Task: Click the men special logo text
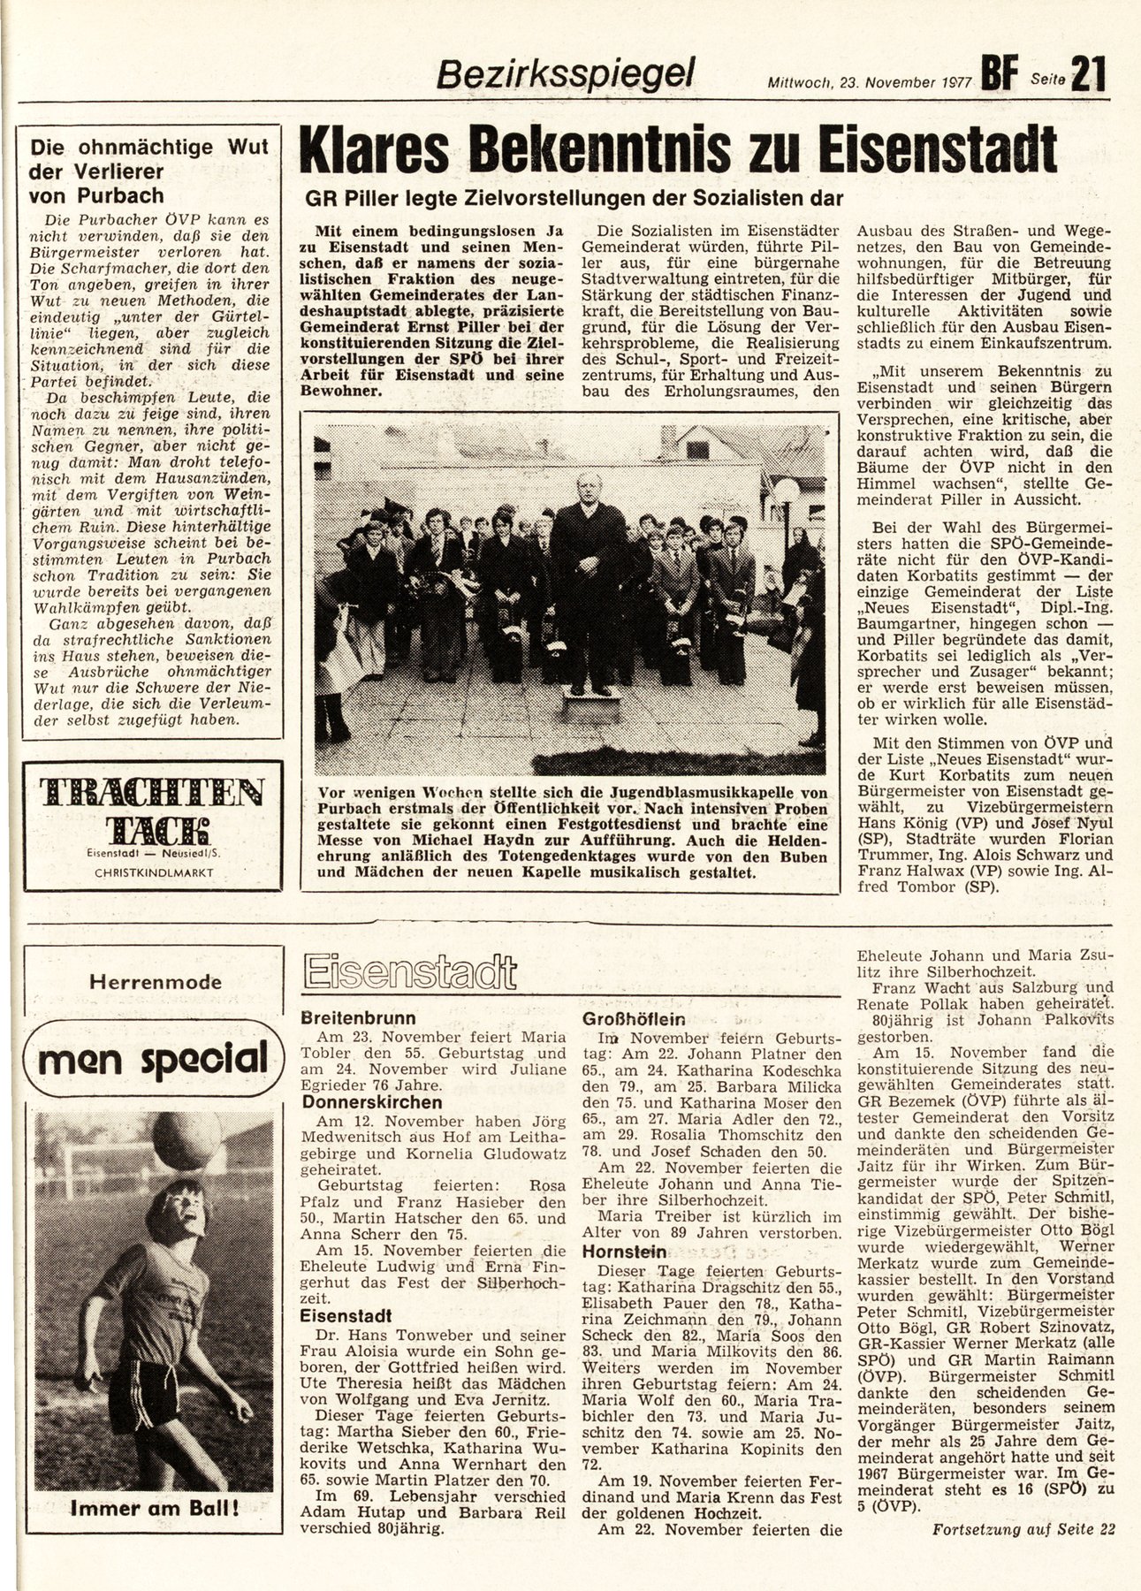[155, 1055]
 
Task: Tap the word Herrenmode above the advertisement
[155, 981]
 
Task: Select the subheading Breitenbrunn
[358, 1017]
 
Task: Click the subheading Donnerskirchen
[372, 1102]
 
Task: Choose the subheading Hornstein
[622, 1252]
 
